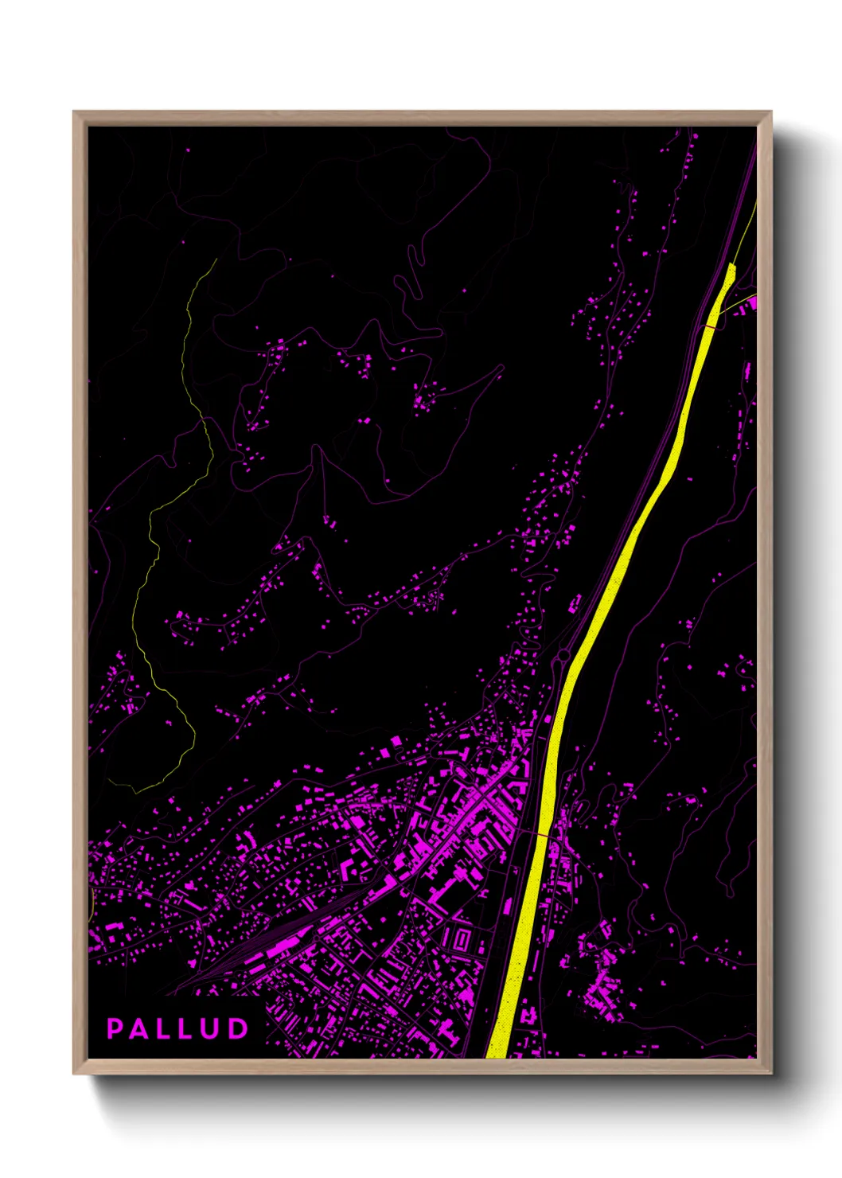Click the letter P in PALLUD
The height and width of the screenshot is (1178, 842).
[x=115, y=1028]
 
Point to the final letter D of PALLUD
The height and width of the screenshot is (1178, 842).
[x=238, y=1028]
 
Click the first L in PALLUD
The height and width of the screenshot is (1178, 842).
[x=165, y=1028]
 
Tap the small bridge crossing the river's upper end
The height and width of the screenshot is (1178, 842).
[x=711, y=326]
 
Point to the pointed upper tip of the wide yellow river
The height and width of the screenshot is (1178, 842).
[x=731, y=263]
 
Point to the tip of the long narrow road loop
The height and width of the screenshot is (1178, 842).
[x=501, y=367]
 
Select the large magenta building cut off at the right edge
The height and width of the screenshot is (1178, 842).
[x=750, y=303]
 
